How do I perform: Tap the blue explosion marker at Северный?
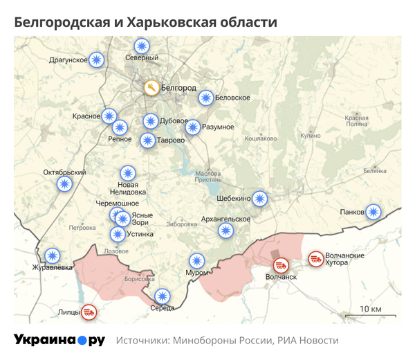(x=142, y=46)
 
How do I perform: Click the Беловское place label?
(x=232, y=98)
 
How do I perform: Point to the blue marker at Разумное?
(x=193, y=127)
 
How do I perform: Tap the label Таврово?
(x=171, y=141)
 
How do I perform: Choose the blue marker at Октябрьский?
(x=64, y=183)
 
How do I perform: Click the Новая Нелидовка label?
(x=128, y=188)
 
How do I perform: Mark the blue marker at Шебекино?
(x=259, y=199)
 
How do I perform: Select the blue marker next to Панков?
(x=373, y=212)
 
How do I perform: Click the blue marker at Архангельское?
(x=225, y=231)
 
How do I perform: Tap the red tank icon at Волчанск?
(x=281, y=264)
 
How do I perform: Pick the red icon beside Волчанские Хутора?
(x=315, y=258)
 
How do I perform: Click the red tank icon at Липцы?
(x=89, y=312)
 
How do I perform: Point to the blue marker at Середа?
(x=162, y=296)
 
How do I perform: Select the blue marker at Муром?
(x=197, y=261)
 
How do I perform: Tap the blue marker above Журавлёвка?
(x=51, y=256)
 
